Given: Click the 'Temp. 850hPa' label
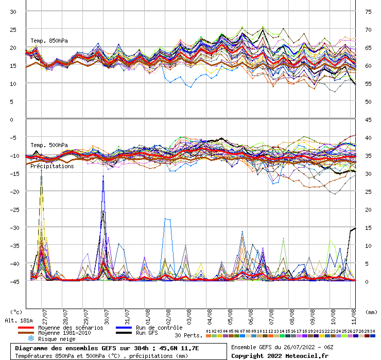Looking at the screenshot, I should [x=49, y=41].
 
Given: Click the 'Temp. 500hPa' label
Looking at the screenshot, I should [x=49, y=145].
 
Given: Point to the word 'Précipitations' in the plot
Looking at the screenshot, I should [x=51, y=166].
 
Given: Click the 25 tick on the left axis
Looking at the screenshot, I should [x=13, y=29].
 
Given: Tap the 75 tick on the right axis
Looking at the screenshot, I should [x=368, y=11].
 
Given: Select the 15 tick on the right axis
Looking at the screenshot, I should [x=368, y=227].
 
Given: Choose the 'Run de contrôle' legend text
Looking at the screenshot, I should [x=159, y=328].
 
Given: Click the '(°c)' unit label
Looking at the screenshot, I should [x=16, y=312].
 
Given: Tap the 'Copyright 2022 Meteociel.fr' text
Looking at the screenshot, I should [x=279, y=355].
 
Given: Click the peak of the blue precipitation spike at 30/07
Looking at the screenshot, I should [x=103, y=176].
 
